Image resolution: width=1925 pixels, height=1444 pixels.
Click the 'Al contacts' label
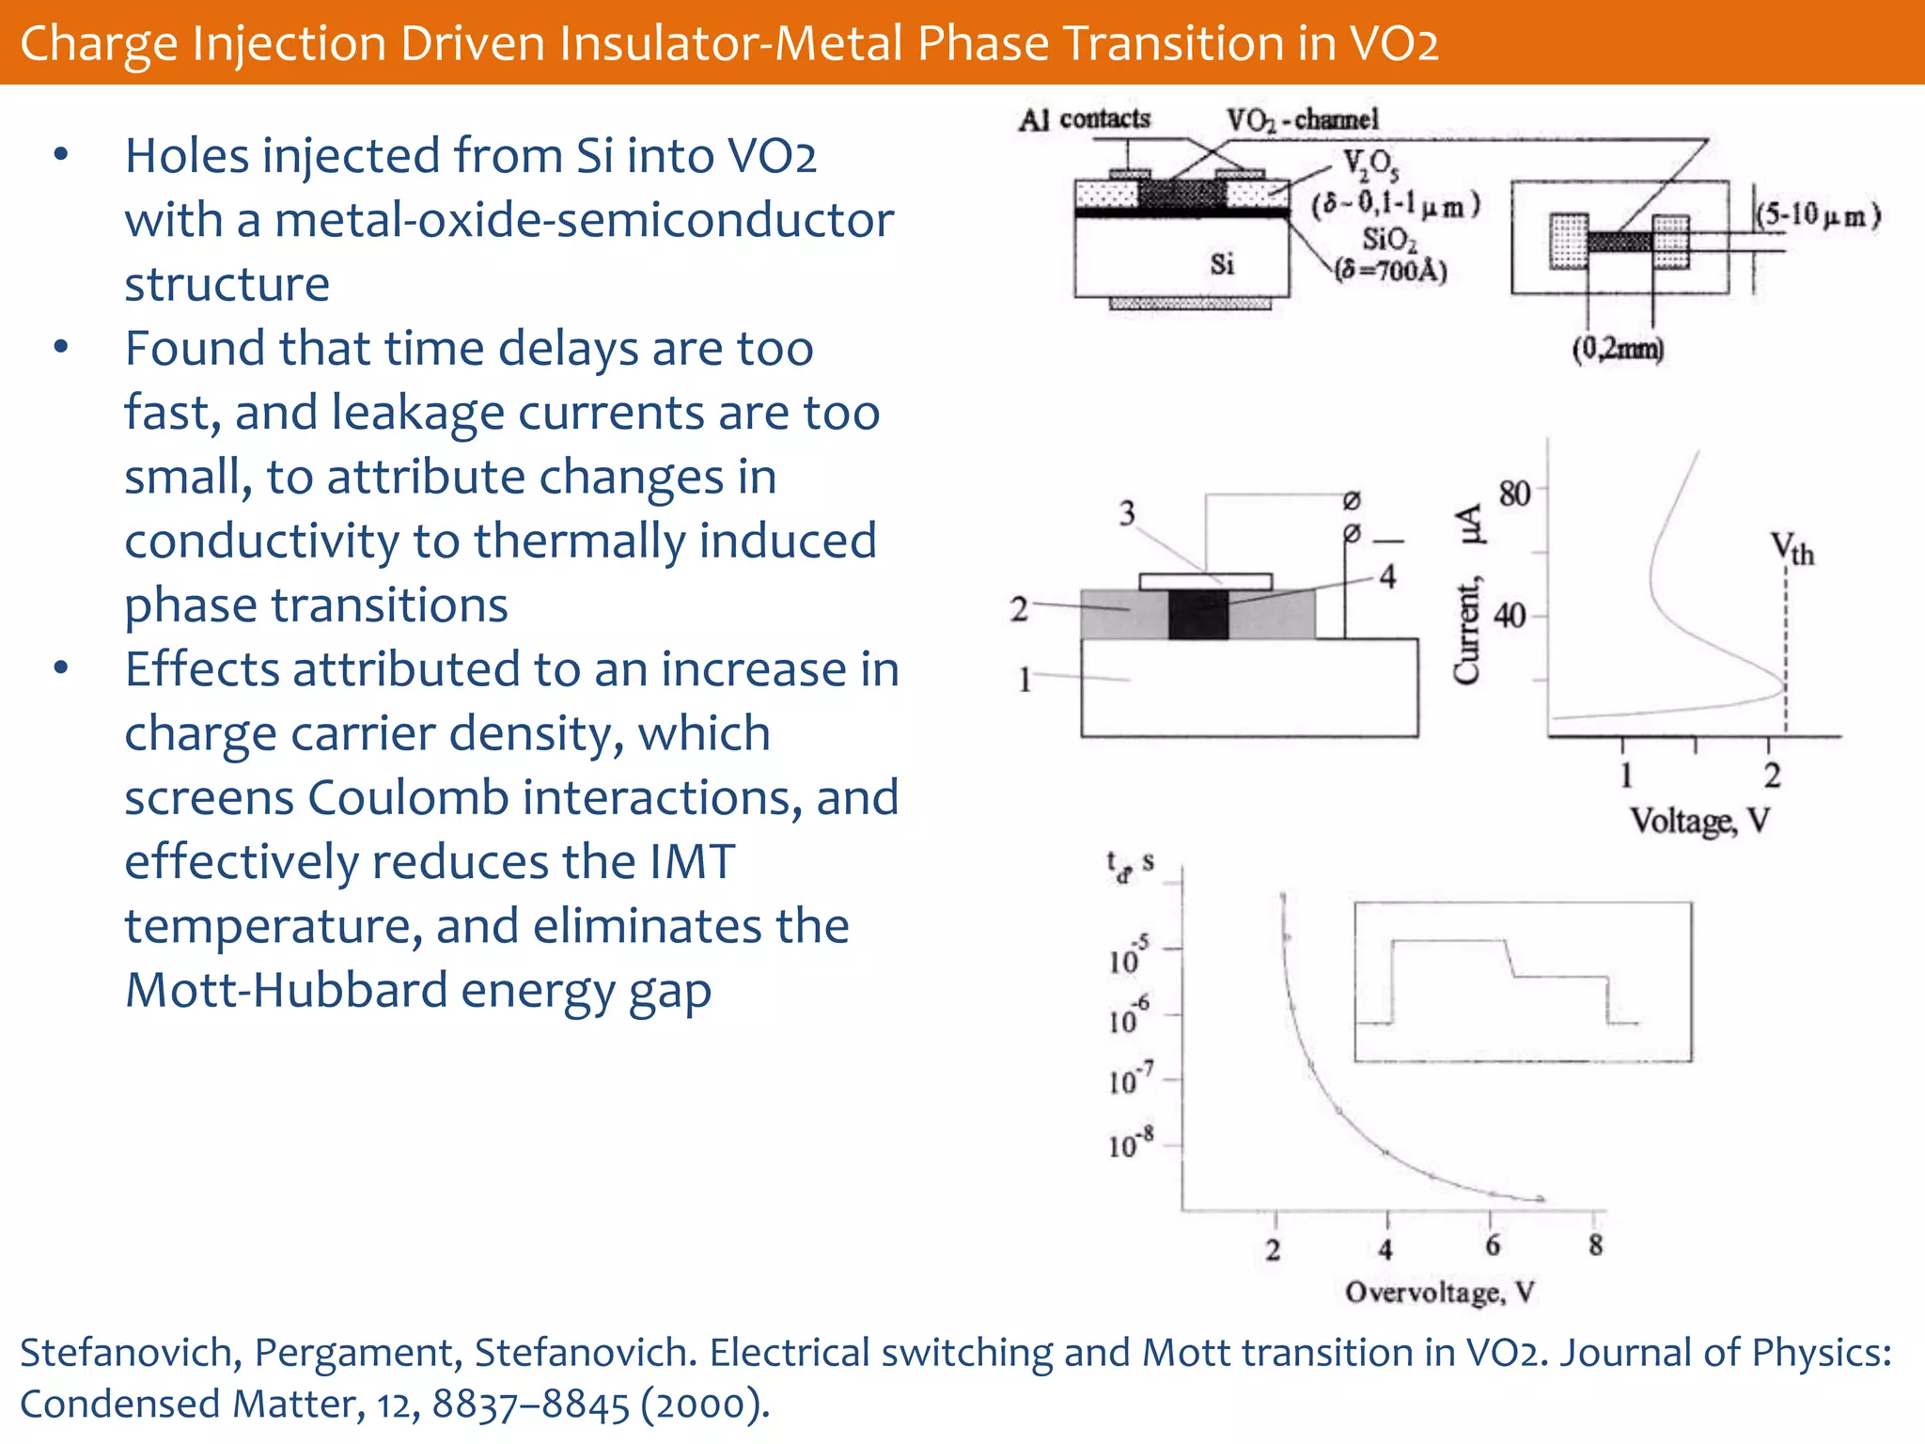1085,119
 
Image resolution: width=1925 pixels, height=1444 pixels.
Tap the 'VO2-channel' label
1302,119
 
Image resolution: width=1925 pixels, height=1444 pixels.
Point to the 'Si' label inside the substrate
1221,264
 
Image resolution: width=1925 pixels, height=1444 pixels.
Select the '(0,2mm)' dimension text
1618,349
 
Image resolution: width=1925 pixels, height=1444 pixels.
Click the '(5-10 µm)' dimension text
1819,215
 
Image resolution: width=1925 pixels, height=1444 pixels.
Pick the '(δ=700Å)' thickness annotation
1391,271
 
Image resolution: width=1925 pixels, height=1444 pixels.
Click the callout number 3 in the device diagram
1127,513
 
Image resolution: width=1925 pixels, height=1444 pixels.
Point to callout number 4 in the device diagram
1387,576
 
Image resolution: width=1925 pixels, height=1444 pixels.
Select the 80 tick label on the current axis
1514,493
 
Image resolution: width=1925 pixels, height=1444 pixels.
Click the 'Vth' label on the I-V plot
1792,548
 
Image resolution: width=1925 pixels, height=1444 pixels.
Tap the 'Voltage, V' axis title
1699,821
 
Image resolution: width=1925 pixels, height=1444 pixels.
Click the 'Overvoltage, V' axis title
1439,1293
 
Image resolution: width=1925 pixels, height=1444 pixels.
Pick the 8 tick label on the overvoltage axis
1595,1246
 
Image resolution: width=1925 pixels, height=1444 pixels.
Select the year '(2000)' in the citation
705,1405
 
